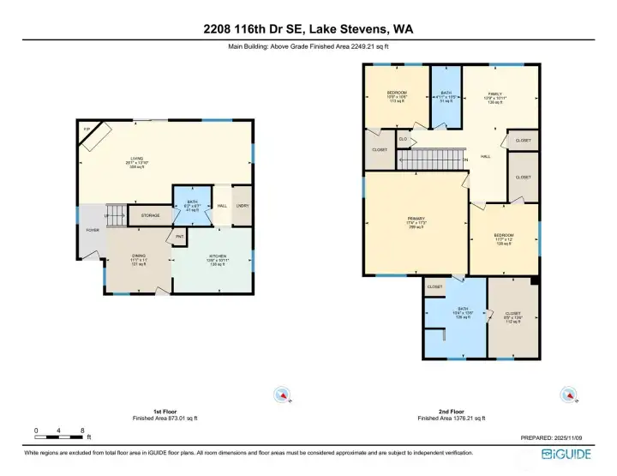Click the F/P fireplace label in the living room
86,129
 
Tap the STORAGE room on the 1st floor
150,215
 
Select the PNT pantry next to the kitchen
180,237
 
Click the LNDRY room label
243,206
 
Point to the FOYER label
91,231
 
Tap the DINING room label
138,261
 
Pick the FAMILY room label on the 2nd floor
494,97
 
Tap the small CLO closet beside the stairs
403,138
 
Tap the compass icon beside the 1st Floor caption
282,395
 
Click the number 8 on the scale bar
82,430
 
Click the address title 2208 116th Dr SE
308,28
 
